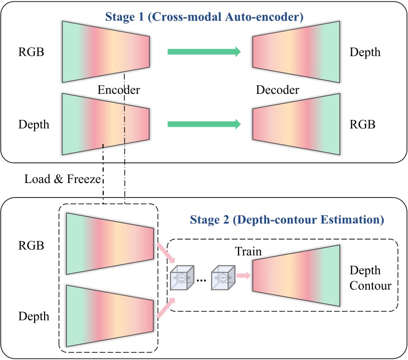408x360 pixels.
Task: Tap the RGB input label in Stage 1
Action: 31,52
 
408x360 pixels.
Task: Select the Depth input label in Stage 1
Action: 34,124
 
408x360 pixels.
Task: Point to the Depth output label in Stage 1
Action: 365,52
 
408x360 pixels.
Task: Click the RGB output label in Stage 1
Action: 363,124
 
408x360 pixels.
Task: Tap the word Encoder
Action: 118,90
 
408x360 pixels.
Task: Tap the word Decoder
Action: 277,90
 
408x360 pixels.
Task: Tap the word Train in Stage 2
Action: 249,251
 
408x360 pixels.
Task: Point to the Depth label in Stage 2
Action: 34,316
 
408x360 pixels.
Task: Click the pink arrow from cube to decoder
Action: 244,275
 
